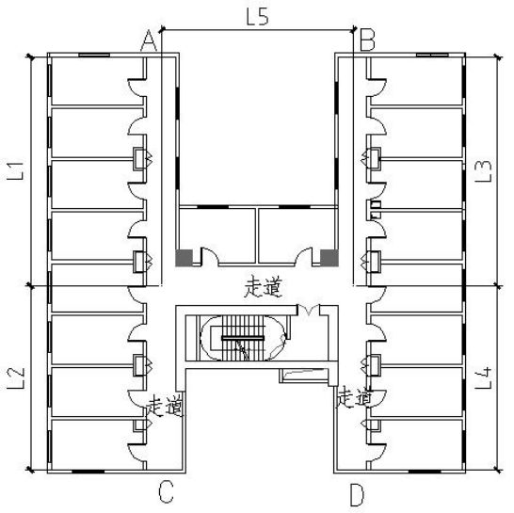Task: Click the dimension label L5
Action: [x=258, y=17]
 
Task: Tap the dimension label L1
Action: [x=16, y=169]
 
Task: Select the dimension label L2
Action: [x=16, y=377]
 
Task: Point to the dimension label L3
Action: [x=484, y=170]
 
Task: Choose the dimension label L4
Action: [x=484, y=377]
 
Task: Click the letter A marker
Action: [x=149, y=40]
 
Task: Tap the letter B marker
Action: [x=367, y=40]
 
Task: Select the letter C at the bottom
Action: [x=166, y=491]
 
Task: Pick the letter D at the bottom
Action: [x=357, y=494]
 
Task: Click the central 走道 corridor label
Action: [x=263, y=287]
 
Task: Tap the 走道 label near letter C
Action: [x=165, y=406]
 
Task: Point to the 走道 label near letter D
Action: [x=354, y=397]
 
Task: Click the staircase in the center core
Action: [x=243, y=338]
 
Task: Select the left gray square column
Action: [x=184, y=258]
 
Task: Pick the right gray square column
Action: [x=329, y=258]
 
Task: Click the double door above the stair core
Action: [x=309, y=310]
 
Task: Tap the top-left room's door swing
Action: [x=137, y=88]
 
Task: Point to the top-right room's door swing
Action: [x=377, y=88]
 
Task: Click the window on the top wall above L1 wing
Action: [x=94, y=55]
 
